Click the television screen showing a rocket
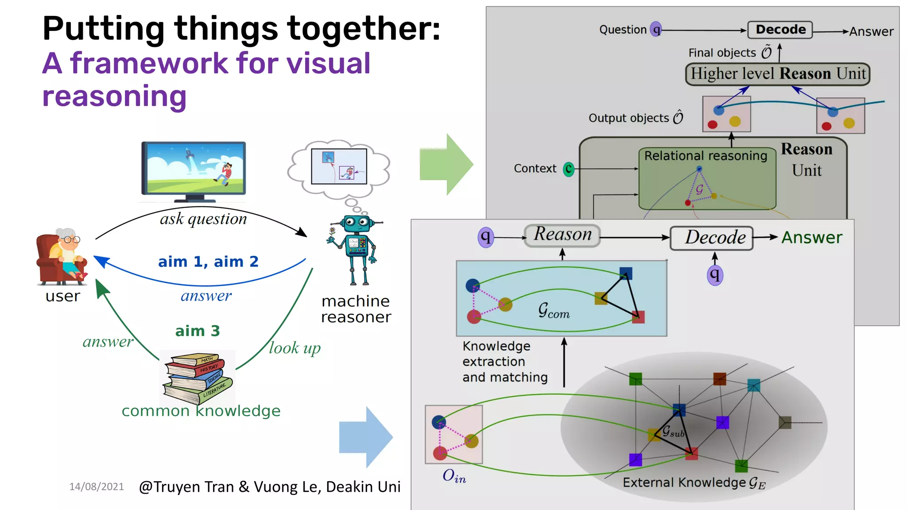coord(194,168)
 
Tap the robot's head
coord(357,224)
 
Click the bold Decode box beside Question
coord(780,30)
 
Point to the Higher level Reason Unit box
coord(777,74)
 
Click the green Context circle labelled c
coord(568,169)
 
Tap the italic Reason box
coord(562,235)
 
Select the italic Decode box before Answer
coord(711,238)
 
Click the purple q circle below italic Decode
coord(714,275)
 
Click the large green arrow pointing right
coord(446,164)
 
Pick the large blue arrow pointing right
coord(366,437)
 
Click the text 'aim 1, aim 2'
coord(208,262)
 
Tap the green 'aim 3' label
coord(198,331)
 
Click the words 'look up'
coord(295,348)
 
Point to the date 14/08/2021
coord(97,487)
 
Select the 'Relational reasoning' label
coord(705,156)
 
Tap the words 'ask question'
coord(203,219)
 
